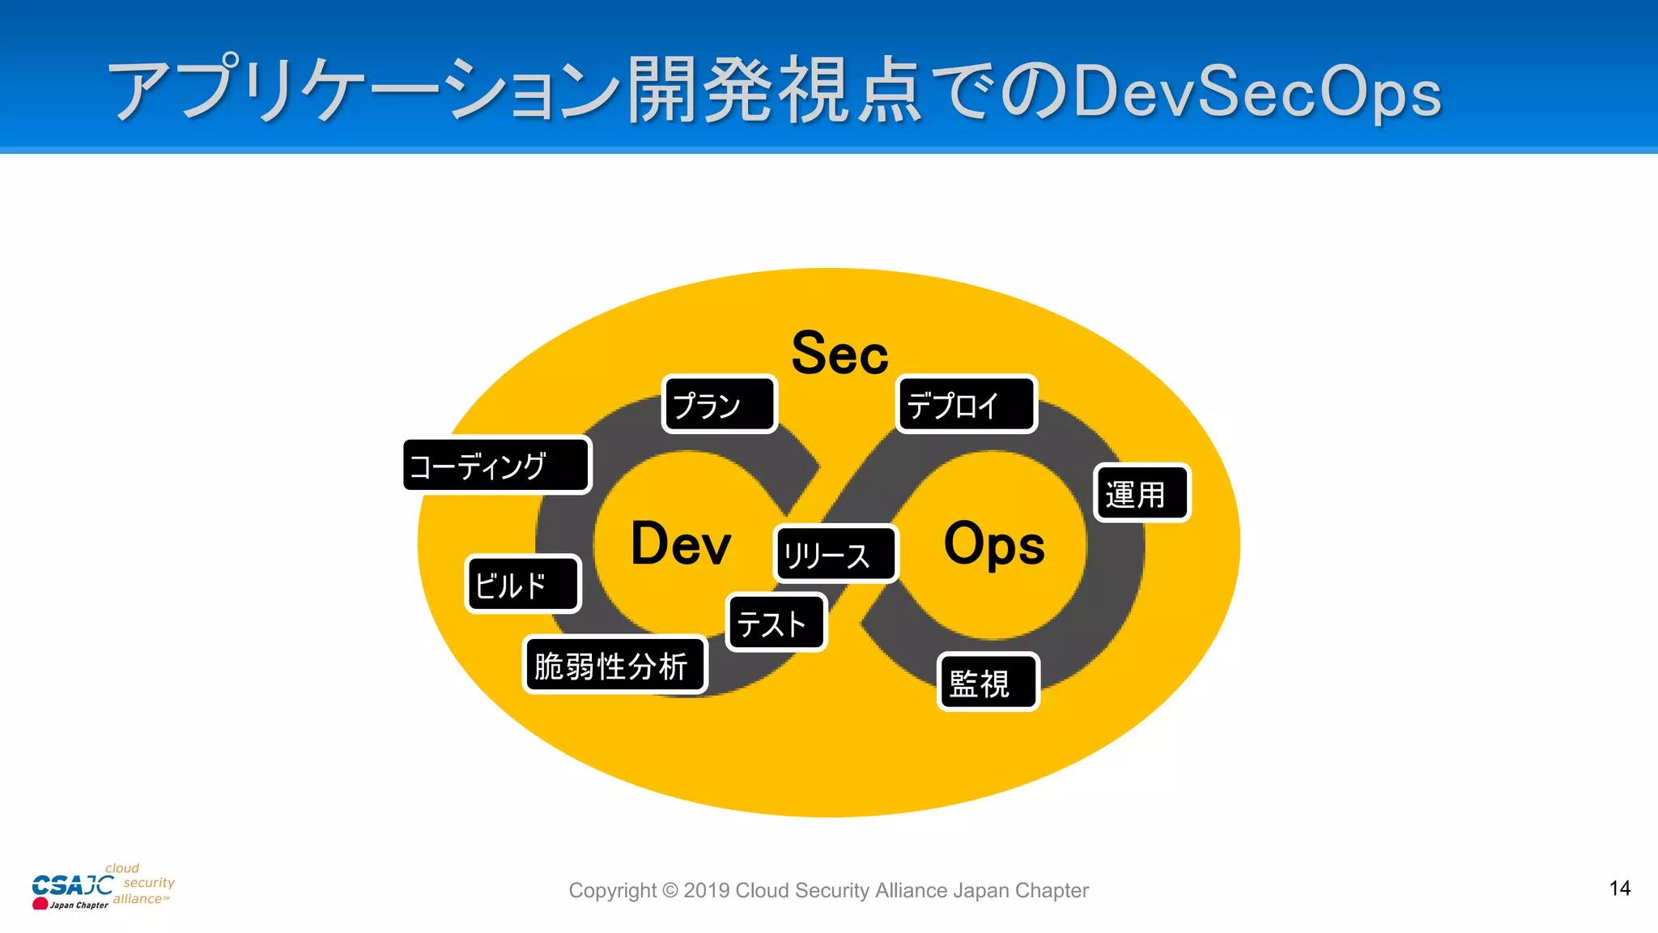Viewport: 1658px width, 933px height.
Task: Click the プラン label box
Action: (x=719, y=404)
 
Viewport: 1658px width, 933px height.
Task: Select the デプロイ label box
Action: (x=967, y=404)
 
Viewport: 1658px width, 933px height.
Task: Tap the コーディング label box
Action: (x=497, y=466)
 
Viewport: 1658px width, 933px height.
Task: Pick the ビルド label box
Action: (x=523, y=584)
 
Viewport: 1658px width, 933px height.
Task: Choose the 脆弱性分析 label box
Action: (x=614, y=665)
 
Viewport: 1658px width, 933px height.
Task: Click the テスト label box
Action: (x=776, y=623)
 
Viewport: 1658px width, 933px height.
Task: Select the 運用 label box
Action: (x=1141, y=493)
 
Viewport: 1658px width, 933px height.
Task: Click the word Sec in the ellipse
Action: (x=840, y=354)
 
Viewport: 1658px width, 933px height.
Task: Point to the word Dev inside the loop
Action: (x=680, y=543)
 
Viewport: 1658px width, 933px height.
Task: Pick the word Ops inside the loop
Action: (x=994, y=543)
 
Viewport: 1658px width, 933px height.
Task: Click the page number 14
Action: (x=1619, y=888)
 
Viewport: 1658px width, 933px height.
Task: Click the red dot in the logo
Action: (x=40, y=903)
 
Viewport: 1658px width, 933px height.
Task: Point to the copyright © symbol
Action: (x=670, y=891)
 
